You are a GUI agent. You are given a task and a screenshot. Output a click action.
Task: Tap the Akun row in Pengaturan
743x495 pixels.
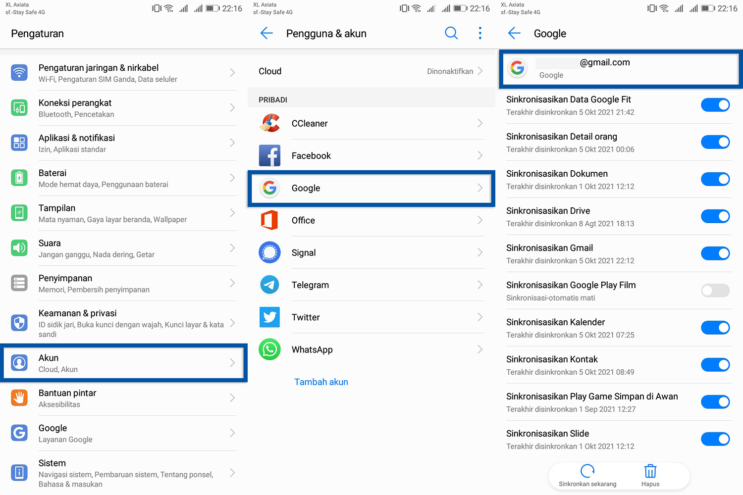coord(124,363)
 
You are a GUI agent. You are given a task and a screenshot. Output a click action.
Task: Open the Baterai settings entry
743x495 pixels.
coord(124,178)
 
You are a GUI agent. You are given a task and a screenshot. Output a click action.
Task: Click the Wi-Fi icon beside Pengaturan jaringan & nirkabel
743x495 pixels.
coord(19,73)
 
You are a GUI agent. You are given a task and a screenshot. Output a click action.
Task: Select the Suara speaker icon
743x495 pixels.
coord(19,248)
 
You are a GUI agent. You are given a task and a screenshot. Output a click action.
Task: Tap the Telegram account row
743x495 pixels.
coord(371,285)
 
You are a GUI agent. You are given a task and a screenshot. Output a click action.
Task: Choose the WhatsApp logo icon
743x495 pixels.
coord(269,349)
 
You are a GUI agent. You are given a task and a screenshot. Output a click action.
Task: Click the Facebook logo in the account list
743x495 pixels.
coord(269,156)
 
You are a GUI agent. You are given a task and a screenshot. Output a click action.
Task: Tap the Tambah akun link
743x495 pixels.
coord(321,382)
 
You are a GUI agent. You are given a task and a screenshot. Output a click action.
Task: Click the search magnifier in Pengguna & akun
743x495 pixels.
coord(451,33)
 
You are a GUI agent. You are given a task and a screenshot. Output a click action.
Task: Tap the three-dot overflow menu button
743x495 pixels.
coord(480,33)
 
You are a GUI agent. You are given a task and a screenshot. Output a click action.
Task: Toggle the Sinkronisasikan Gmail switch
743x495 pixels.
coord(715,253)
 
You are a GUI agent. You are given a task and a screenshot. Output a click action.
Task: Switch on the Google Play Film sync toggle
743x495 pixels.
coord(715,291)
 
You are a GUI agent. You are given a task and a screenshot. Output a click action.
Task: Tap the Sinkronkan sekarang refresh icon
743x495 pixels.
coord(587,471)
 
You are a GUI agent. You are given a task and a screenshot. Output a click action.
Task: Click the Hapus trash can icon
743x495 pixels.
coord(650,471)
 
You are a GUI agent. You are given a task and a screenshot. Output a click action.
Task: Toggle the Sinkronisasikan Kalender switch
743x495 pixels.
coord(715,328)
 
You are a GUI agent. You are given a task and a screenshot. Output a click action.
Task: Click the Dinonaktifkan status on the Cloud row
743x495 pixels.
coord(450,71)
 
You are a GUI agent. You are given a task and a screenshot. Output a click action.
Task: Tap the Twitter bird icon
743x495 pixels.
coord(269,317)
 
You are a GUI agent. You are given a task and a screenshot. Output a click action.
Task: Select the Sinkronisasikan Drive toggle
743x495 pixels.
coord(715,216)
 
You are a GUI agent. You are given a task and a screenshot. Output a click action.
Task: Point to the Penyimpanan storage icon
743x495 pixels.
coord(19,283)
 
